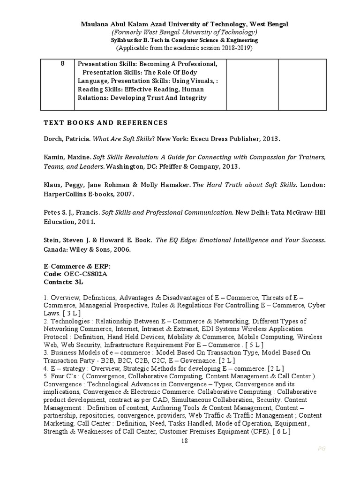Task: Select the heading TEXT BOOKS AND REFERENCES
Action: [105, 123]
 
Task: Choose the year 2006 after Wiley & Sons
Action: [121, 249]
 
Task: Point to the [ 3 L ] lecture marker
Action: [72, 313]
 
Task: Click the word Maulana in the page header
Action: [96, 24]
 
